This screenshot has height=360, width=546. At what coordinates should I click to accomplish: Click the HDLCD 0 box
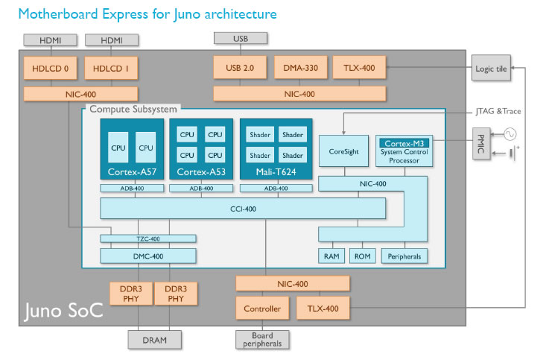click(x=50, y=69)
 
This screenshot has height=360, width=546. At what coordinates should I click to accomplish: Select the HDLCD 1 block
click(x=111, y=69)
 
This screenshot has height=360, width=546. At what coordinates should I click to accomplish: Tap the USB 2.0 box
click(x=239, y=69)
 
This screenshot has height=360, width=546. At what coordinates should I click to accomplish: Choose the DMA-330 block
click(x=299, y=69)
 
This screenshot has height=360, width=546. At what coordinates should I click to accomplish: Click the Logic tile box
click(x=491, y=69)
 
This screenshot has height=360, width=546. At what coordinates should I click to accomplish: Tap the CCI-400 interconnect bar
click(x=243, y=209)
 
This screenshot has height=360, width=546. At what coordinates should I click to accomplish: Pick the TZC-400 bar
click(x=148, y=239)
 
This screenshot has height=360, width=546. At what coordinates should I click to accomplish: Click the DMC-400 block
click(x=148, y=256)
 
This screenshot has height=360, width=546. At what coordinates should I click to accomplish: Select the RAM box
click(x=331, y=256)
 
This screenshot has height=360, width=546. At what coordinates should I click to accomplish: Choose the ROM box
click(x=364, y=256)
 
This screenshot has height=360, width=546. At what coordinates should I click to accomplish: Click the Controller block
click(x=262, y=308)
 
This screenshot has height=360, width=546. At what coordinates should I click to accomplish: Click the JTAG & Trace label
click(x=496, y=111)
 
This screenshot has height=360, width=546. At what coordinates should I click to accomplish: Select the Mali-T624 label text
click(x=276, y=172)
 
